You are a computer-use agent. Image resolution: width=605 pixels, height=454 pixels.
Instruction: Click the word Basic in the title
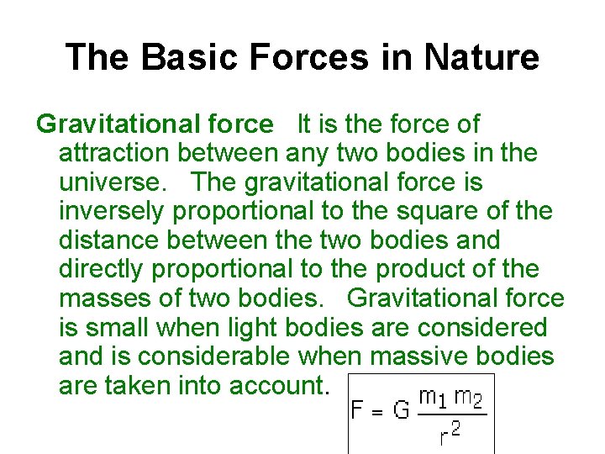click(182, 57)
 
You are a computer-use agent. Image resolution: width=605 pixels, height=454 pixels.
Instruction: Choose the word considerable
click(213, 356)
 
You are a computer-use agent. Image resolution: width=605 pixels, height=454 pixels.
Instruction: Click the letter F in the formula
click(357, 412)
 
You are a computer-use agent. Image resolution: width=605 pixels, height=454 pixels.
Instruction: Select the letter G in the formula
click(401, 412)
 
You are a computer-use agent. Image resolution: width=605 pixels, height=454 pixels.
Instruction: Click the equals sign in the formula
click(378, 413)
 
